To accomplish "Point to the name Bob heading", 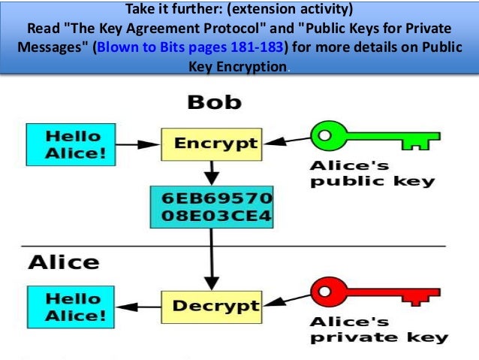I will (214, 101).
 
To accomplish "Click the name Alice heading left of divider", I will (64, 262).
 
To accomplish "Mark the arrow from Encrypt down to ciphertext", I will (211, 172).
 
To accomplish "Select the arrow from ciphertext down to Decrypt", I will (211, 260).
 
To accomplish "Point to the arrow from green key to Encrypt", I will (285, 140).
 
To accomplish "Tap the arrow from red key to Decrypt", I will (285, 303).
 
